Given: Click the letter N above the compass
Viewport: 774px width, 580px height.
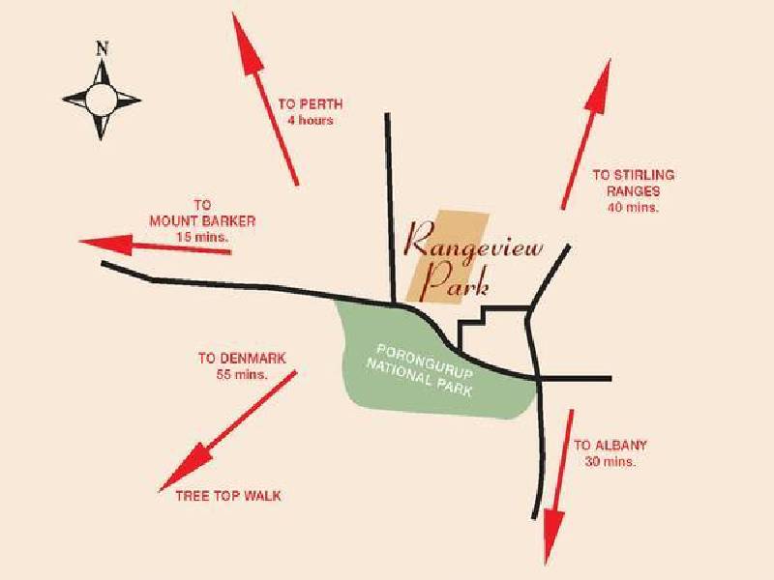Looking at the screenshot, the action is tap(103, 48).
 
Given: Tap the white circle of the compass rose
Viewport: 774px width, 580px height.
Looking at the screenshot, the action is tap(102, 100).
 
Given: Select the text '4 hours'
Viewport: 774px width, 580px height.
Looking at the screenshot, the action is tap(311, 120).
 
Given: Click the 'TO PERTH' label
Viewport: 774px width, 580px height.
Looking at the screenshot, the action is tap(311, 104).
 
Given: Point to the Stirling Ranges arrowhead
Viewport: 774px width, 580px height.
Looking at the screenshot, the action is tap(598, 86).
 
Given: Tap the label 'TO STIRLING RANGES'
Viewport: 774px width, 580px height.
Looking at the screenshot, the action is tap(634, 183).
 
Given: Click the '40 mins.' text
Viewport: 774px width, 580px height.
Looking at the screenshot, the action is tap(634, 208).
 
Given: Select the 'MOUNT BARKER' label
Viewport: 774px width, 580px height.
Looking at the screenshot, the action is tap(202, 221).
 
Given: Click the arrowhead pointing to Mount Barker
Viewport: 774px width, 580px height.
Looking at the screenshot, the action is tap(105, 245).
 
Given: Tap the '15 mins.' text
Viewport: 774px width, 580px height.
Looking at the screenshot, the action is tap(203, 237).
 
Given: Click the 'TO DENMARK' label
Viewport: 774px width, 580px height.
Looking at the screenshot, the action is tap(242, 358).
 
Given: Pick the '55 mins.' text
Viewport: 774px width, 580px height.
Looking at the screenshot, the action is tap(242, 374).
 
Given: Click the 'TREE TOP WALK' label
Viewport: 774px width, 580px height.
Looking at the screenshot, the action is tap(228, 496).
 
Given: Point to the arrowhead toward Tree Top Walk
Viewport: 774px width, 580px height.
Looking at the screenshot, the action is tap(185, 467).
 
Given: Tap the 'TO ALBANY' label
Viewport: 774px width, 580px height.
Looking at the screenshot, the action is tap(610, 446).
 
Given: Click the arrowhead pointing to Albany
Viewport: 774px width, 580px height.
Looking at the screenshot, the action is tap(552, 536).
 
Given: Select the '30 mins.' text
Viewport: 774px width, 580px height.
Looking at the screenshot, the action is tap(610, 462).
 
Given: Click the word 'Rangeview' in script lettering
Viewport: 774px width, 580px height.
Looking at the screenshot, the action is tap(473, 243).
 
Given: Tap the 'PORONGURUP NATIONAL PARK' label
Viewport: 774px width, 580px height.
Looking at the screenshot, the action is tap(420, 370).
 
